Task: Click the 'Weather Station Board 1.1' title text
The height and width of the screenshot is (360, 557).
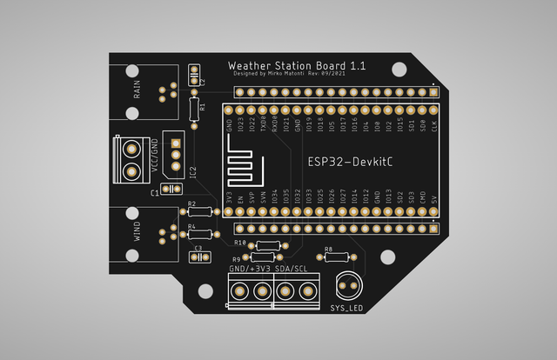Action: pos(285,65)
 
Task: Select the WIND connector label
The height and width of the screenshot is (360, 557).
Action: pos(137,231)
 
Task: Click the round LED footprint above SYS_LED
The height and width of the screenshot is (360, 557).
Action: pos(349,284)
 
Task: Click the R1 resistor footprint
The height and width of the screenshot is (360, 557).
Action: pos(193,109)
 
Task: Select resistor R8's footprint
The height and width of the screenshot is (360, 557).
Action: pos(336,257)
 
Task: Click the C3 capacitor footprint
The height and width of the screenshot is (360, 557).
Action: pos(198,256)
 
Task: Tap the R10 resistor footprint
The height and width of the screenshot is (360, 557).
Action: pos(264,246)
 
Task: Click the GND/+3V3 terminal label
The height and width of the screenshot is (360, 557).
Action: pos(250,269)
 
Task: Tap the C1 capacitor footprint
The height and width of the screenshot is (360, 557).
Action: pos(168,190)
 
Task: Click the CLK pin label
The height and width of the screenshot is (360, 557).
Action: pos(434,126)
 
